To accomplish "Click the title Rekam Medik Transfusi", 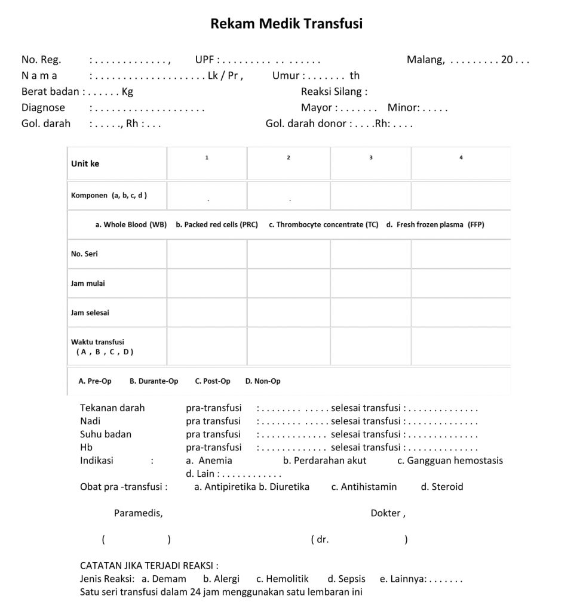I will [x=287, y=24].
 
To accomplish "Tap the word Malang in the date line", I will [x=425, y=60].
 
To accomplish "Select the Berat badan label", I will [x=51, y=92].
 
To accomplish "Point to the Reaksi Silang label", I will [x=334, y=92].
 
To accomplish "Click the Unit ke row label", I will [x=85, y=164].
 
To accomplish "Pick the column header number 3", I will [x=371, y=158].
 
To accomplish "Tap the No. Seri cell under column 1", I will [x=207, y=254].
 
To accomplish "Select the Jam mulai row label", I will [x=88, y=283].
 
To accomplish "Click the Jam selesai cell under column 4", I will [x=461, y=313].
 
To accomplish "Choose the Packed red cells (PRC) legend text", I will [x=217, y=225].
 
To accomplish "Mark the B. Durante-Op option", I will [x=154, y=381].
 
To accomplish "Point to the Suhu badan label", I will [x=106, y=434].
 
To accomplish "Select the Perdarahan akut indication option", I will [x=324, y=461].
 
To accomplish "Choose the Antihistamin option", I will [x=364, y=487].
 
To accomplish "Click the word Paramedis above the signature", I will [x=138, y=513].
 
